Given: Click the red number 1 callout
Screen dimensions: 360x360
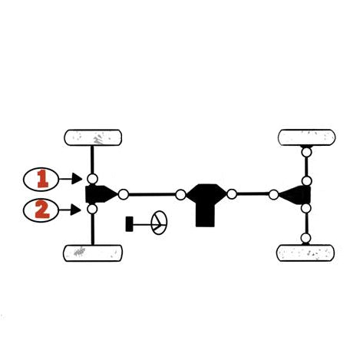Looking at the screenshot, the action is point(41,180).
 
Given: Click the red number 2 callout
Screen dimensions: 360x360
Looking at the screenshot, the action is point(41,210).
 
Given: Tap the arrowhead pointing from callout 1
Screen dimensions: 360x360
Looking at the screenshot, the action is point(77,178).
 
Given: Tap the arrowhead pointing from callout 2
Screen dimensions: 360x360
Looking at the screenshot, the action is point(76,210).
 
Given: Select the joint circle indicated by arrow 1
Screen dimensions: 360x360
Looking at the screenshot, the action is point(92,179).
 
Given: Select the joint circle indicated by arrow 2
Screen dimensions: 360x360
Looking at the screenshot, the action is point(92,209).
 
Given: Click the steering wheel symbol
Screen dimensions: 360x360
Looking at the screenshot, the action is point(159,223).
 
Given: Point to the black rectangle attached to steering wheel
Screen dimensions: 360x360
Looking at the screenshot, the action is point(129,224).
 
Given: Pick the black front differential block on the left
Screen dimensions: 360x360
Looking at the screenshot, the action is point(100,194).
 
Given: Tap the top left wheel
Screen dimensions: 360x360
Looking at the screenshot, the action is point(93,137).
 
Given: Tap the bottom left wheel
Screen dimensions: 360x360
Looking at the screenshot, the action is point(93,253).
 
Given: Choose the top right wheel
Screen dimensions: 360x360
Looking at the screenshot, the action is point(306,137).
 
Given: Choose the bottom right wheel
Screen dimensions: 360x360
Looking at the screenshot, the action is point(306,253).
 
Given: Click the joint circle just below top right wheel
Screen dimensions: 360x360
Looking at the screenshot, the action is point(306,152).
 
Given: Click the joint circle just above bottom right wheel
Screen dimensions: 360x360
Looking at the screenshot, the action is point(306,238).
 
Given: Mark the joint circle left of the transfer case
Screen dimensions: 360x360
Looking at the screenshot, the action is point(180,195).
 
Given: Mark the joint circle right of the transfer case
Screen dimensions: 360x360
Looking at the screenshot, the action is point(232,194).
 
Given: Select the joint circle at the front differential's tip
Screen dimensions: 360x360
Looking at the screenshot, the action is point(124,194).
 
